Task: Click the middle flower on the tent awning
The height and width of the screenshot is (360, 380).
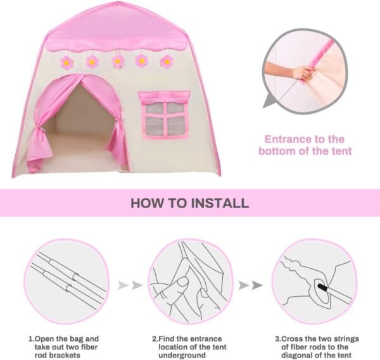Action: (117, 61)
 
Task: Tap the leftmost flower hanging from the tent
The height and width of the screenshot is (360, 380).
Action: (66, 62)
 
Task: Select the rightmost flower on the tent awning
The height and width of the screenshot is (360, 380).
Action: (167, 61)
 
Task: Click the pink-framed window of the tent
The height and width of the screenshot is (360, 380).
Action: (163, 115)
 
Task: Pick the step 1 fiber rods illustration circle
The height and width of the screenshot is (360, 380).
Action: (66, 280)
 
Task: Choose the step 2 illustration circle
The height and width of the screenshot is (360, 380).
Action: (190, 280)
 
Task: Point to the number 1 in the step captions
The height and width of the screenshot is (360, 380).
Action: (30, 338)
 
